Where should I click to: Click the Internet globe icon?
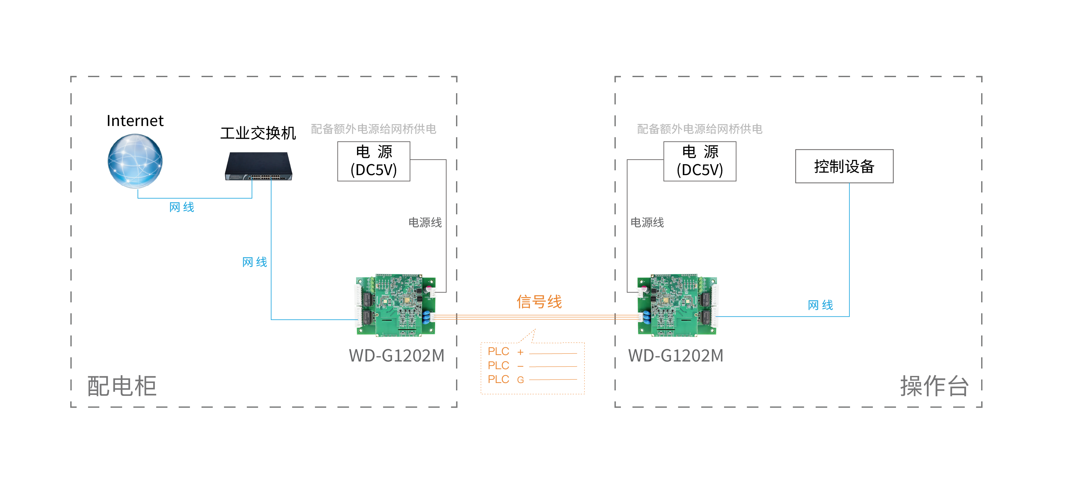pos(135,161)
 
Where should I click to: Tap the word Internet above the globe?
pos(135,121)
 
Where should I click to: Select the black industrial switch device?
pos(259,166)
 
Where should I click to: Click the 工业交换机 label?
pos(258,133)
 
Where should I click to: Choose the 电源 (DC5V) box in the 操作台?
pos(699,161)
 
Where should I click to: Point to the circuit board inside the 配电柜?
pos(396,305)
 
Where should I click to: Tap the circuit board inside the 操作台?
pos(677,305)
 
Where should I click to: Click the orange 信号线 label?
pos(539,302)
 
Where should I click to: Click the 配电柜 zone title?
pos(122,386)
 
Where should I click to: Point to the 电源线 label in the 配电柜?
pos(425,223)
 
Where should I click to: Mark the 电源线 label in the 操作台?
pos(647,223)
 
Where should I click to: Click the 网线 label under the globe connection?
pos(182,207)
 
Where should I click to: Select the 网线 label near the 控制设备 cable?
pos(820,305)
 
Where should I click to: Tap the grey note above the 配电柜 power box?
pos(373,129)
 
